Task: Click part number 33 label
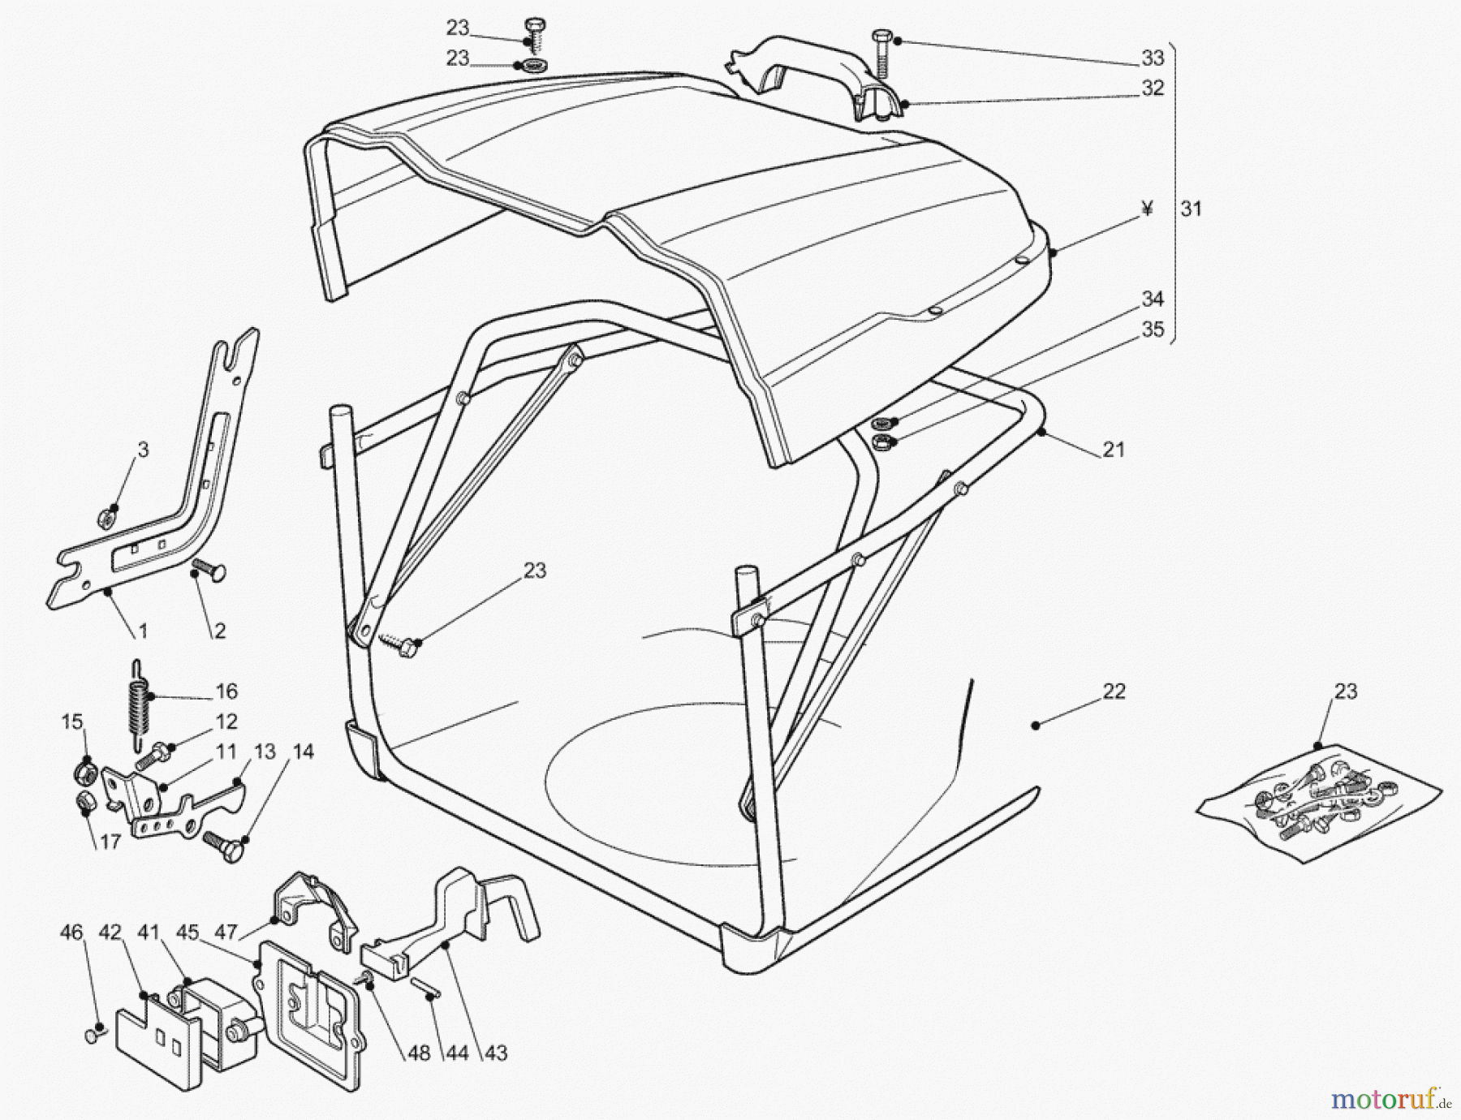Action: click(x=1153, y=58)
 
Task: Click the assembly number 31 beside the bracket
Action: click(x=1191, y=209)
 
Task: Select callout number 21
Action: click(x=1114, y=450)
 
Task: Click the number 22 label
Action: click(x=1114, y=691)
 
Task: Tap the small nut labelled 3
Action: click(x=106, y=517)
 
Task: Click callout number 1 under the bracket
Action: click(x=143, y=630)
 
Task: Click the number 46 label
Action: click(x=71, y=933)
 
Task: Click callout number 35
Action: click(x=1153, y=329)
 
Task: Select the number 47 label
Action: click(x=226, y=933)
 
